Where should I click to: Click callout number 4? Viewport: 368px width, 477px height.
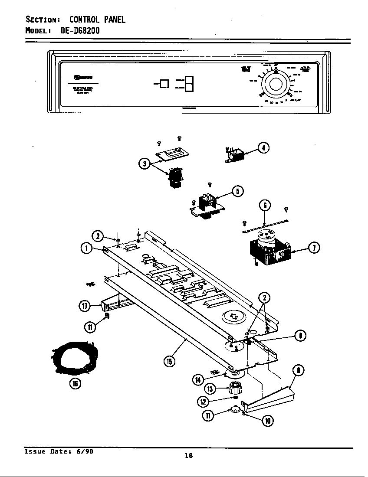coord(263,147)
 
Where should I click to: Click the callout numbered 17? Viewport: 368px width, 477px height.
coord(85,306)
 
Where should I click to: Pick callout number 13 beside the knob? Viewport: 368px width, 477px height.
coord(210,389)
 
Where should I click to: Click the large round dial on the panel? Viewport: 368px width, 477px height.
coord(276,84)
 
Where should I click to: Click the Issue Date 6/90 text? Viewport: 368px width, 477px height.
coord(59,451)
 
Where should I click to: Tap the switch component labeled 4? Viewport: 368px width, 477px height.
coord(235,155)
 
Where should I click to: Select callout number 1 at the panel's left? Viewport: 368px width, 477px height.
coord(86,248)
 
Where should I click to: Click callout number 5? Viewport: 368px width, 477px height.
coord(237,191)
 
